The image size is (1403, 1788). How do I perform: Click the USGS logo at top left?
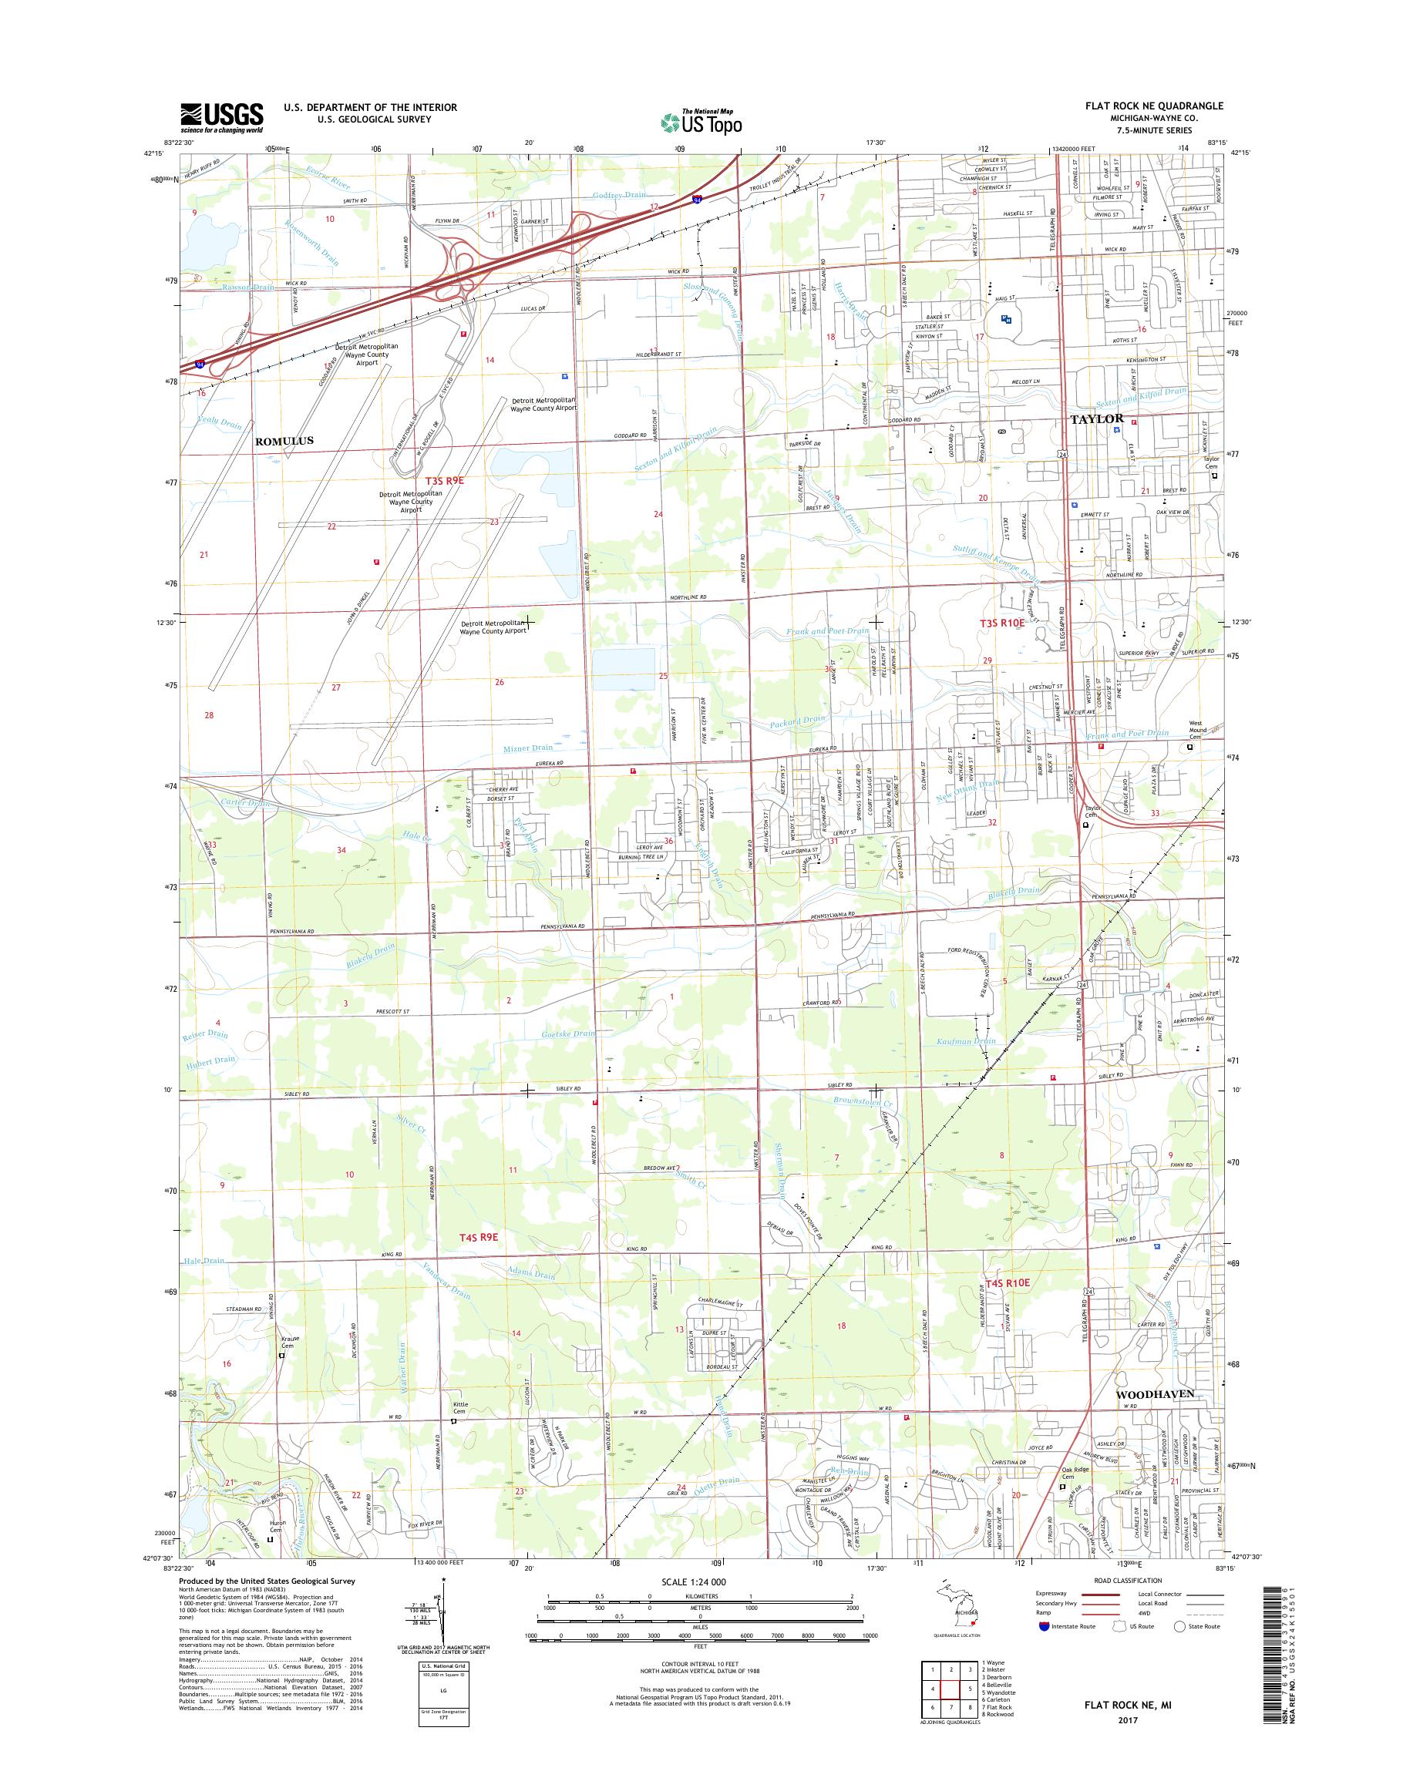tap(222, 117)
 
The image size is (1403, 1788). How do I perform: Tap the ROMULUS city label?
tap(284, 441)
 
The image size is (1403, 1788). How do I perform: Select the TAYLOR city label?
tap(1097, 419)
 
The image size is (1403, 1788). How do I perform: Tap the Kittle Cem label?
tap(460, 1408)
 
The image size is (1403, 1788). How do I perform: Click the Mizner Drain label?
tap(527, 748)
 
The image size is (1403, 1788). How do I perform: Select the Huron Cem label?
tap(277, 1524)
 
